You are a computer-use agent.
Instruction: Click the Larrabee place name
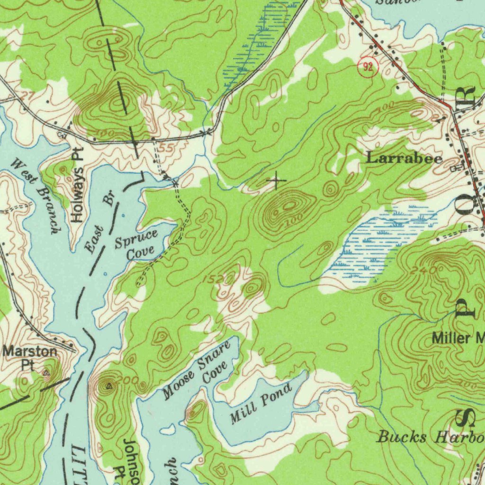coord(404,159)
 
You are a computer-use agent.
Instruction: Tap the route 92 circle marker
coord(368,67)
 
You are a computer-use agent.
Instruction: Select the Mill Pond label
coord(260,405)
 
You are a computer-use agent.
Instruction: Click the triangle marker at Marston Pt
coord(46,373)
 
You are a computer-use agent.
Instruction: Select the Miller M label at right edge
coord(457,338)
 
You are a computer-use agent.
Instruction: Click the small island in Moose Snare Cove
coord(167,431)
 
